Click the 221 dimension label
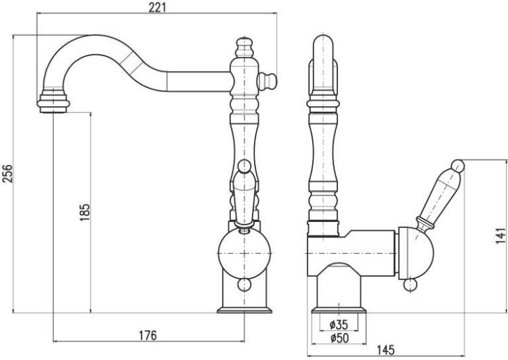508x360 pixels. pyautogui.click(x=157, y=7)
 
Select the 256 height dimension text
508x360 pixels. pyautogui.click(x=7, y=173)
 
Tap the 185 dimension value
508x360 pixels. pyautogui.click(x=85, y=212)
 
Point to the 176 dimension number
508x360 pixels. pyautogui.click(x=148, y=336)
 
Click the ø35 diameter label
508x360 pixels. pyautogui.click(x=339, y=324)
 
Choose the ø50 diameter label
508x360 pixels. pyautogui.click(x=339, y=338)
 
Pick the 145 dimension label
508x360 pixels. pyautogui.click(x=385, y=350)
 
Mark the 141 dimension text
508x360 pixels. pyautogui.click(x=501, y=235)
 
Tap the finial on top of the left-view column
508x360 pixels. pyautogui.click(x=245, y=47)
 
